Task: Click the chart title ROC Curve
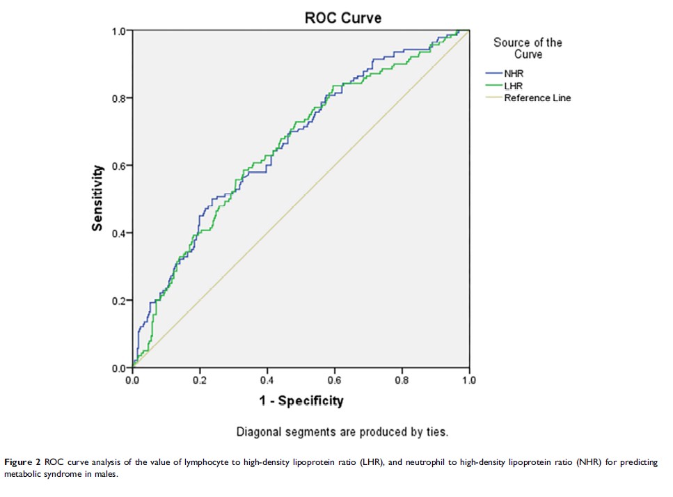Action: pyautogui.click(x=342, y=17)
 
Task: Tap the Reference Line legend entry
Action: pyautogui.click(x=537, y=98)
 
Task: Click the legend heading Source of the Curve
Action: pyautogui.click(x=528, y=48)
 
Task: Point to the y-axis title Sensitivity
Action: pyautogui.click(x=98, y=198)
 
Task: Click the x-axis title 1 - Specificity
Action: pyautogui.click(x=301, y=400)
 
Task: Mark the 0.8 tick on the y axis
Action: pyautogui.click(x=120, y=98)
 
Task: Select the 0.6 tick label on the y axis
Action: pyautogui.click(x=120, y=166)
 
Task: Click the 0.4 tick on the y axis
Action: pyautogui.click(x=120, y=233)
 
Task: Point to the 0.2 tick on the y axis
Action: pyautogui.click(x=120, y=301)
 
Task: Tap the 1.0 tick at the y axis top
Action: pyautogui.click(x=120, y=31)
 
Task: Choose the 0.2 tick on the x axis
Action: pyautogui.click(x=200, y=380)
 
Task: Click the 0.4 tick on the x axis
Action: pyautogui.click(x=267, y=380)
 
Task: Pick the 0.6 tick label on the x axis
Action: pyautogui.click(x=334, y=380)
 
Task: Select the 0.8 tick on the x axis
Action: pyautogui.click(x=402, y=380)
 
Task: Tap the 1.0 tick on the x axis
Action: pyautogui.click(x=468, y=380)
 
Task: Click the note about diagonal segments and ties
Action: pyautogui.click(x=342, y=432)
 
